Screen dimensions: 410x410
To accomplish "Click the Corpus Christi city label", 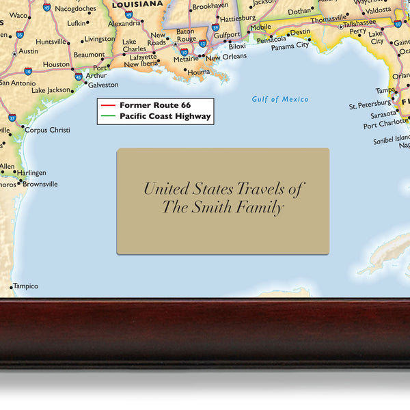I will (47, 130).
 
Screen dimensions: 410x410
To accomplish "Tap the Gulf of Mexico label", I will (279, 100).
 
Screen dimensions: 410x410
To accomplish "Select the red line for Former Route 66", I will (108, 105).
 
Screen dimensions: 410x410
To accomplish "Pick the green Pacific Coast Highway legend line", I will (108, 117).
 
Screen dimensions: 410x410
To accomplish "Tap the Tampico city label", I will (26, 286).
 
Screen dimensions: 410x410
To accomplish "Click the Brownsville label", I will (40, 184).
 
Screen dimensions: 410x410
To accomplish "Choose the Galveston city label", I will (103, 85).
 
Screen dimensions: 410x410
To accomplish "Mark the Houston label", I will (56, 64).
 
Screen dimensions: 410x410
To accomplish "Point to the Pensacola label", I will (271, 40).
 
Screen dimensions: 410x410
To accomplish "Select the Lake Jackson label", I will (51, 90).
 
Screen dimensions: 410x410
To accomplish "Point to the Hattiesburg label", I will (237, 18).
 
